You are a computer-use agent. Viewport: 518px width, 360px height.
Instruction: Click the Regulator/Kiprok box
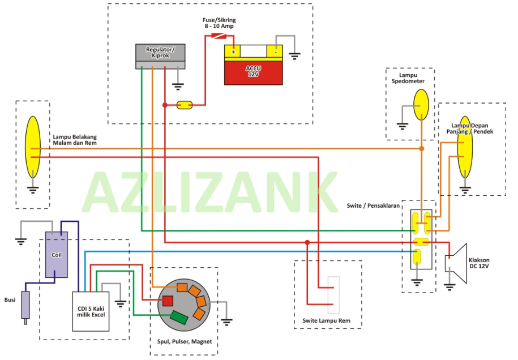[160, 55]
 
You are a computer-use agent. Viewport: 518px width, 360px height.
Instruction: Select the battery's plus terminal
[233, 51]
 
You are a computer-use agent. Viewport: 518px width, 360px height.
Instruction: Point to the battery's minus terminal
[275, 51]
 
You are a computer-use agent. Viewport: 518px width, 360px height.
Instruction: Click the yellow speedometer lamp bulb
[421, 104]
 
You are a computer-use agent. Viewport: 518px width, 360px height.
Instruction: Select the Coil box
[56, 254]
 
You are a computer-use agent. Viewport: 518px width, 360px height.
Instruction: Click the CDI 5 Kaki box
[91, 311]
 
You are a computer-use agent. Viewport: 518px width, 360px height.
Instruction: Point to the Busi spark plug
[25, 306]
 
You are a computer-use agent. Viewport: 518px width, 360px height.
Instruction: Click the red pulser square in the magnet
[167, 300]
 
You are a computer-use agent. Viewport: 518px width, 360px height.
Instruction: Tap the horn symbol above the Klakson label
[457, 263]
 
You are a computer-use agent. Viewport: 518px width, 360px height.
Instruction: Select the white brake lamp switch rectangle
[334, 294]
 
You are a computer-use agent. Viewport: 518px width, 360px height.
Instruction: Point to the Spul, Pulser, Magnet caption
[185, 342]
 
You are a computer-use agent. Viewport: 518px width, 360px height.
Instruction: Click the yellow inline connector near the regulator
[185, 105]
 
